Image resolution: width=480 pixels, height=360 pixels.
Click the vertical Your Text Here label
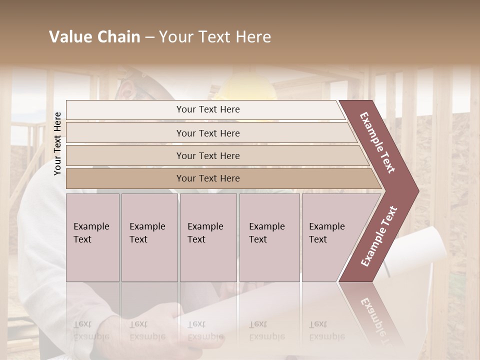click(x=58, y=143)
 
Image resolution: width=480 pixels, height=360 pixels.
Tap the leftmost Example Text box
click(x=92, y=237)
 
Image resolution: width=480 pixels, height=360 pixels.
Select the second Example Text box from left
click(x=149, y=237)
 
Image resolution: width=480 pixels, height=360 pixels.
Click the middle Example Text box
click(x=208, y=237)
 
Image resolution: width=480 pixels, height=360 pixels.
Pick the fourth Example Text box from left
click(x=269, y=237)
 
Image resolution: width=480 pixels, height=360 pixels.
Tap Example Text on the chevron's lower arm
click(x=379, y=236)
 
